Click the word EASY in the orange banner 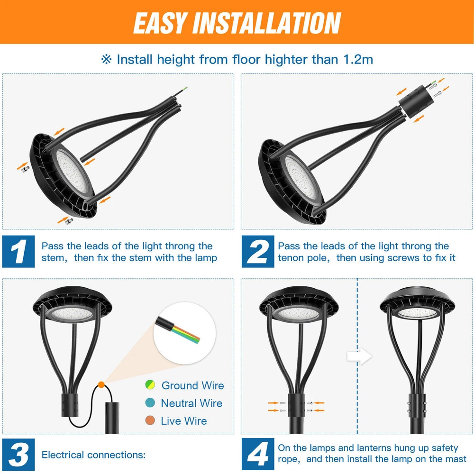(159, 23)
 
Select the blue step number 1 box (18, 251)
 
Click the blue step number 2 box (258, 251)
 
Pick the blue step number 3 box (18, 455)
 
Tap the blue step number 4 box (258, 455)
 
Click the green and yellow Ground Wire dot (150, 385)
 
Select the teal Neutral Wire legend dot (150, 402)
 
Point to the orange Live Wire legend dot (150, 420)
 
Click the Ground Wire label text (193, 385)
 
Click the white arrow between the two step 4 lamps (359, 356)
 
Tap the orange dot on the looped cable (101, 385)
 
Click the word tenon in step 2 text (291, 258)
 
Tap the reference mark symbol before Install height (106, 59)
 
